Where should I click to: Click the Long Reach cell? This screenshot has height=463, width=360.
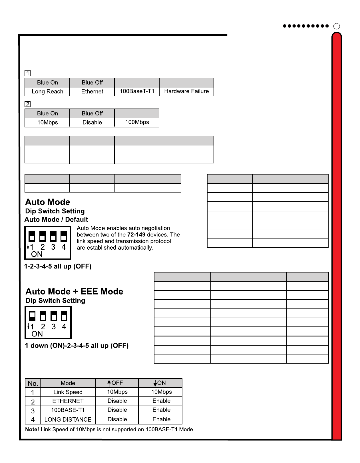pyautogui.click(x=47, y=91)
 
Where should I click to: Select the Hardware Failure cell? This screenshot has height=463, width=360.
pyautogui.click(x=186, y=91)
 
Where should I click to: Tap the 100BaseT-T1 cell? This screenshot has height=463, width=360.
pyautogui.click(x=137, y=91)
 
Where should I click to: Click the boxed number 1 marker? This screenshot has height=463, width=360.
pyautogui.click(x=28, y=73)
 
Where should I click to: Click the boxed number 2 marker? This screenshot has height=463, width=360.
pyautogui.click(x=28, y=104)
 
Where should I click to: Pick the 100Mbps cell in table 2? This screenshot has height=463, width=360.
pyautogui.click(x=137, y=122)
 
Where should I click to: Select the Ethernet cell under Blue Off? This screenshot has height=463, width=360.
pyautogui.click(x=92, y=91)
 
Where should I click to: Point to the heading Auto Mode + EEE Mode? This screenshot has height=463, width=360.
pyautogui.click(x=74, y=291)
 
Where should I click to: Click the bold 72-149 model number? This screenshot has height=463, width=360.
pyautogui.click(x=136, y=234)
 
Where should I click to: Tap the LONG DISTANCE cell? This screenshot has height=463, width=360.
pyautogui.click(x=68, y=419)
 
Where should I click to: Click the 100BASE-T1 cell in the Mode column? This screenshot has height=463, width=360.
pyautogui.click(x=68, y=410)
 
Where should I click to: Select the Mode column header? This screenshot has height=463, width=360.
pyautogui.click(x=68, y=383)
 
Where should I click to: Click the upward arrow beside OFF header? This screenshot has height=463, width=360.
pyautogui.click(x=109, y=383)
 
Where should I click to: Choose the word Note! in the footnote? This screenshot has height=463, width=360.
pyautogui.click(x=32, y=429)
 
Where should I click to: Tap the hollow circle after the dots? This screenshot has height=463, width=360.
pyautogui.click(x=337, y=26)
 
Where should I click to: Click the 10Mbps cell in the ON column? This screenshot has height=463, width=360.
pyautogui.click(x=161, y=392)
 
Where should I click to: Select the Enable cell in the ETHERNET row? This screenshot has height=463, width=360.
pyautogui.click(x=161, y=401)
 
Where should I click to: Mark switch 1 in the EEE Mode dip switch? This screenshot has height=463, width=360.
pyautogui.click(x=32, y=316)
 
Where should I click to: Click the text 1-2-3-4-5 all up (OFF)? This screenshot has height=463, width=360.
pyautogui.click(x=58, y=266)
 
